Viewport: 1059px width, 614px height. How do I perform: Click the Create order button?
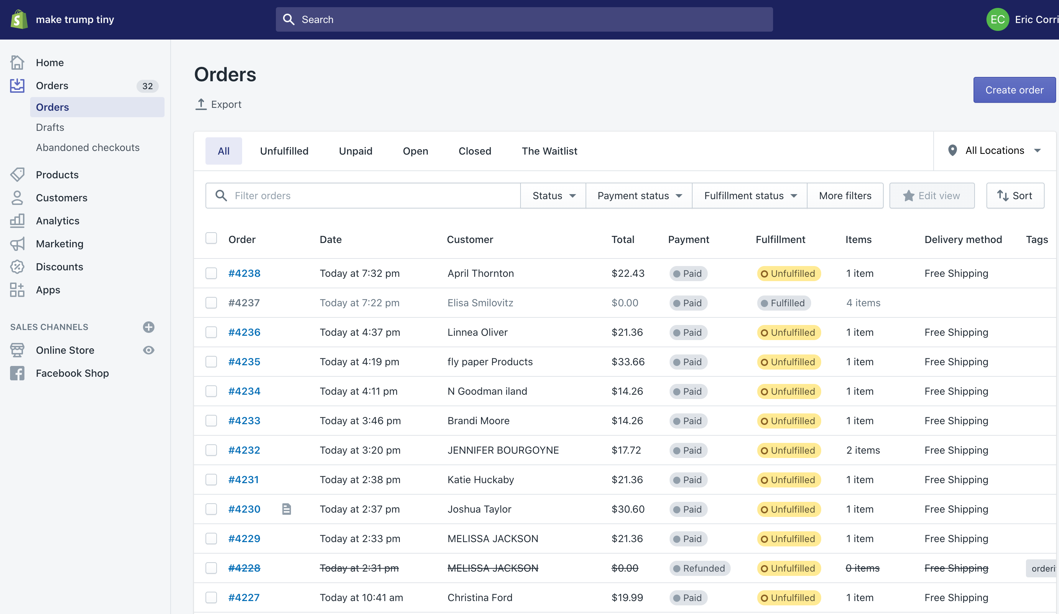[1014, 90]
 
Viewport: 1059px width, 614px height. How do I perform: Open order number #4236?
[244, 332]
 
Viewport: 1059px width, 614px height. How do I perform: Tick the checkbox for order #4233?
[211, 421]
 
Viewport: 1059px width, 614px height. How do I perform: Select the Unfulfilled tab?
[284, 151]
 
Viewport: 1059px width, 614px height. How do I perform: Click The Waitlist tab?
[549, 151]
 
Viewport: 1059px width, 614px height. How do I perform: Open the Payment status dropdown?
[639, 196]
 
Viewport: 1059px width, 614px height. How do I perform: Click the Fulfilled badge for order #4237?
[783, 303]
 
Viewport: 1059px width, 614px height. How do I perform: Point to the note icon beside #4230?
[286, 509]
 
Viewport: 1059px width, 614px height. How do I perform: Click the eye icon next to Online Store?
[148, 350]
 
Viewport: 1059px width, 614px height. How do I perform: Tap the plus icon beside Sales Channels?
[148, 327]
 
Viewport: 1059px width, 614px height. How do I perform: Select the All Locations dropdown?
[994, 151]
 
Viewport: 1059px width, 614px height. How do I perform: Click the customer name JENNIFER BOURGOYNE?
[503, 450]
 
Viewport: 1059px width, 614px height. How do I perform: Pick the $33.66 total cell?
[628, 362]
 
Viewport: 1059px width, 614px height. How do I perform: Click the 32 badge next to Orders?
[147, 86]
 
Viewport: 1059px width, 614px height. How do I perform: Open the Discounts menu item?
[59, 267]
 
